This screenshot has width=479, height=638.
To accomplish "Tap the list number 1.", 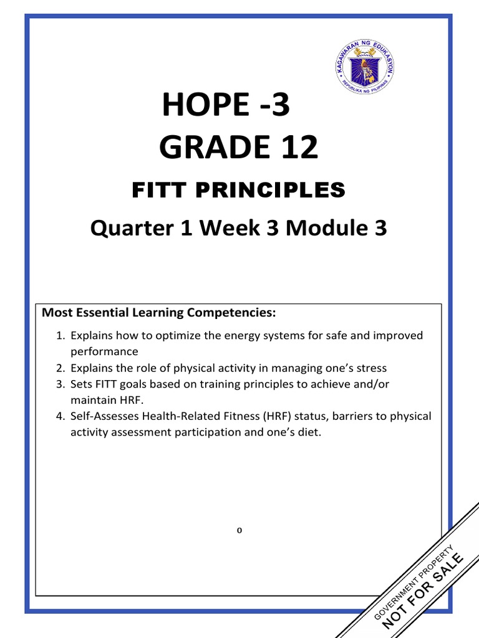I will [60, 336].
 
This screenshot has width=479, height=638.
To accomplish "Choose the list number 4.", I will [60, 416].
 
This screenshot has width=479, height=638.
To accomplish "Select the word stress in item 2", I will [371, 368].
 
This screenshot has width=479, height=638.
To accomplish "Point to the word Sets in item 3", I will [82, 384].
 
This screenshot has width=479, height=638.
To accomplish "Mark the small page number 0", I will [239, 531].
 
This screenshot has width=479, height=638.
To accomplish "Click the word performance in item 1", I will [104, 351].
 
